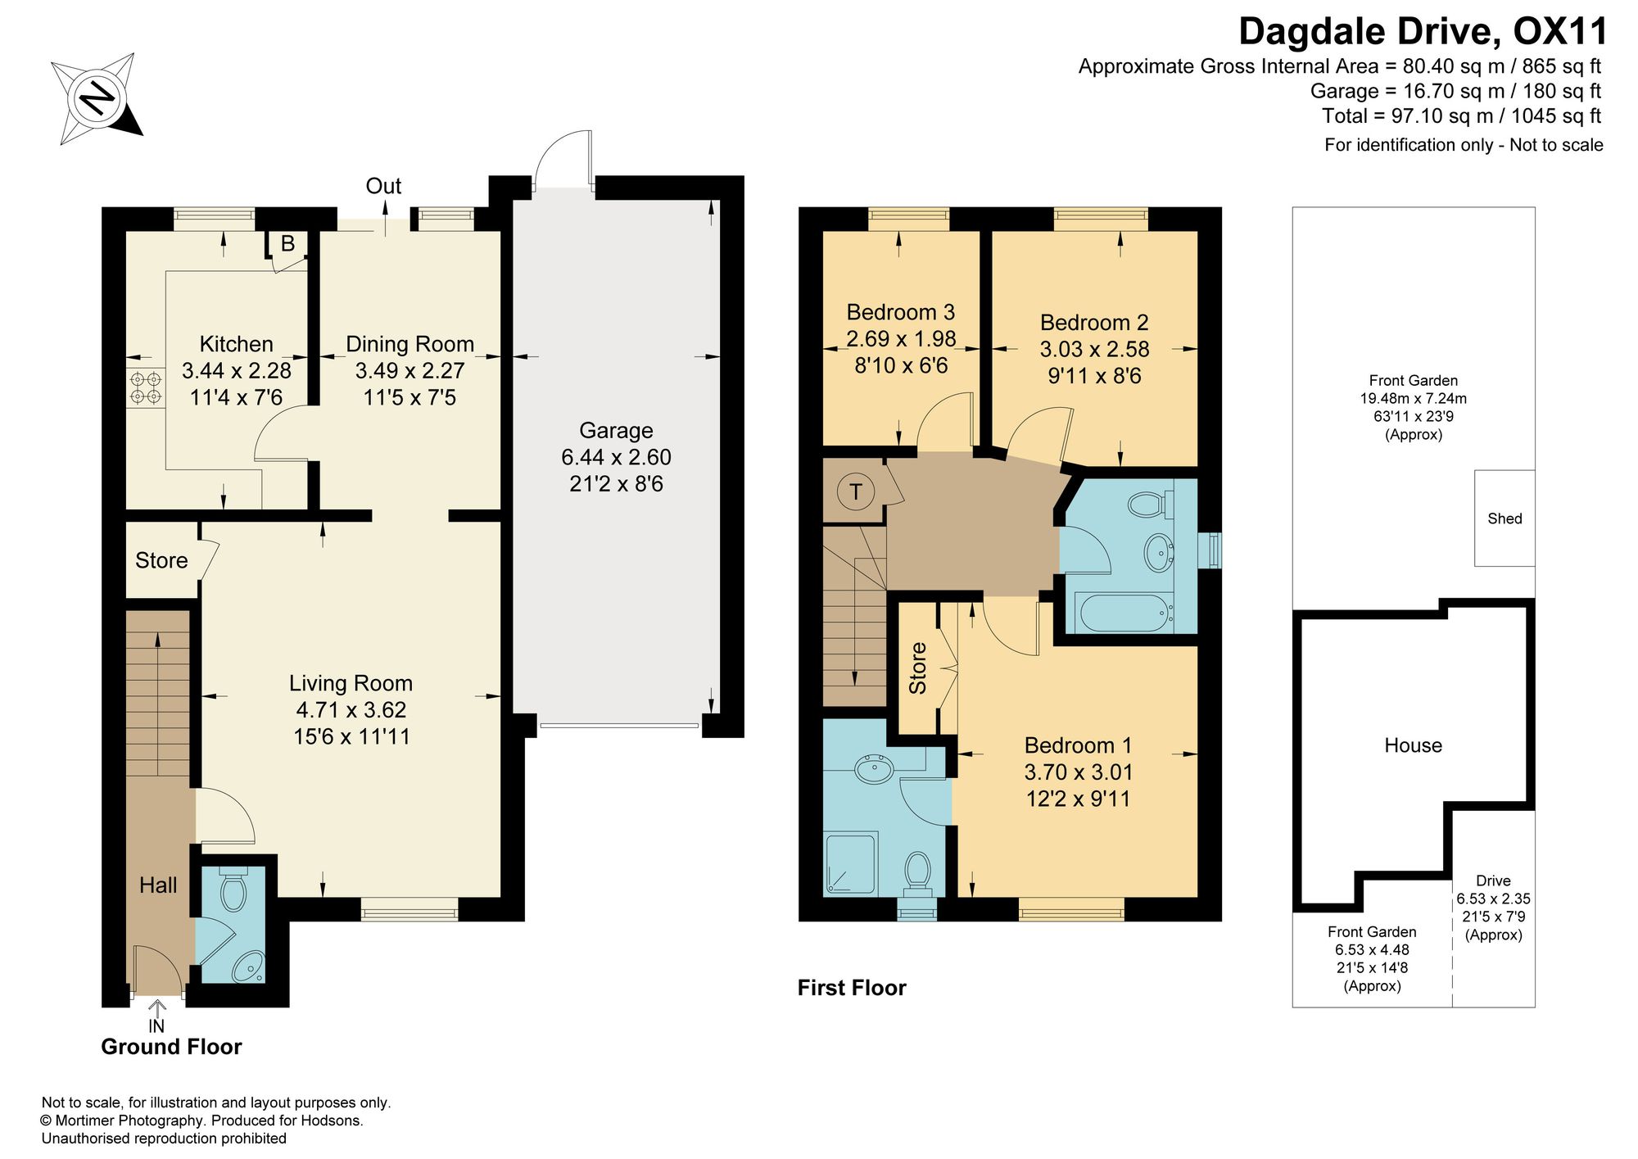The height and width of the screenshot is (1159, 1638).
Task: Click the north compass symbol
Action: pos(97,98)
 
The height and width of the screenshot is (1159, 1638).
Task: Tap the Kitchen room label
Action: pos(237,344)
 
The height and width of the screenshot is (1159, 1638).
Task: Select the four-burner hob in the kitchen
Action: pos(146,387)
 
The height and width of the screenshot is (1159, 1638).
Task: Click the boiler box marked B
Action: pos(287,244)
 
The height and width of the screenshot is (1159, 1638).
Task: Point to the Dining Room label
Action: pos(409,344)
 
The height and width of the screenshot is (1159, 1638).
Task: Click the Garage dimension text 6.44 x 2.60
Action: pos(616,457)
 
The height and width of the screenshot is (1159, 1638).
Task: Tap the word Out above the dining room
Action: pos(383,187)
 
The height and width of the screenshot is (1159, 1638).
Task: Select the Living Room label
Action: pos(351,683)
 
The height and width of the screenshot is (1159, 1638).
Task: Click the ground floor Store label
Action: pos(161,560)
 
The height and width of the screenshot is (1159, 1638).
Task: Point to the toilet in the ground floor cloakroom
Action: pos(234,891)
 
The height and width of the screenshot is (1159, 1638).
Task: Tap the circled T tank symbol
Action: pos(856,491)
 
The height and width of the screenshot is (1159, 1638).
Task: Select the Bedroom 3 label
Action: pos(900,312)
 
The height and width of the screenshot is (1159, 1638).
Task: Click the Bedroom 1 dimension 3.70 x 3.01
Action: pos(1078,772)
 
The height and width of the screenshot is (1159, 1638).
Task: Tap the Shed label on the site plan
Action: pos(1505,518)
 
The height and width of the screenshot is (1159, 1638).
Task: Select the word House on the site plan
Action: pos(1413,745)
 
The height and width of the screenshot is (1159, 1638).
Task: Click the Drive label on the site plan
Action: pos(1493,881)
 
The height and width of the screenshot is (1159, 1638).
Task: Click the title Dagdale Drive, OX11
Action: pos(1423,31)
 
